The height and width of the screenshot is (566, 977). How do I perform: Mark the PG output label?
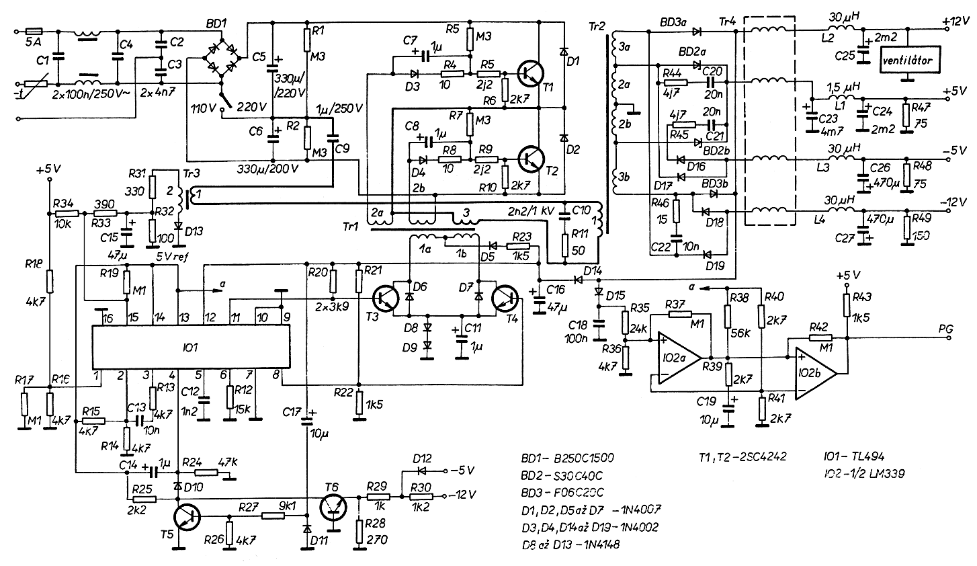(x=947, y=327)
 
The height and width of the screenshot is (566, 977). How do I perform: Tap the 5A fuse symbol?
(x=34, y=31)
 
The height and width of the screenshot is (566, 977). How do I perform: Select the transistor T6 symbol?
(x=334, y=506)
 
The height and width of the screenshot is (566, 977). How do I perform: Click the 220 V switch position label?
(x=252, y=106)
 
